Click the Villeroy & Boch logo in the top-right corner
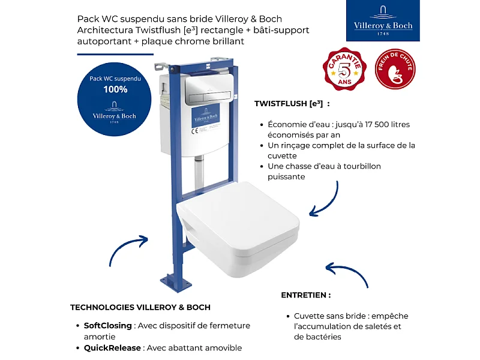(x=382, y=21)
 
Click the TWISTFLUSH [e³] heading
(x=292, y=103)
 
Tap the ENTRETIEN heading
(x=305, y=295)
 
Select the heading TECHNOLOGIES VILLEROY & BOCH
(x=140, y=307)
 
